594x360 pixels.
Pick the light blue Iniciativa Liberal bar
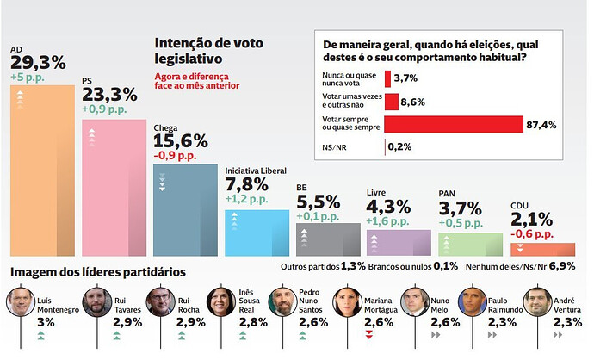[x=257, y=233]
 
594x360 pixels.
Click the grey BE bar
[x=328, y=239]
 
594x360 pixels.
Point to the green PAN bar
[x=470, y=245]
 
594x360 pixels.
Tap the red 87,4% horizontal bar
[x=454, y=124]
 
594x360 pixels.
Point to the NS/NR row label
[x=334, y=146]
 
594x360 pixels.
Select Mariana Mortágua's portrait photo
[x=346, y=302]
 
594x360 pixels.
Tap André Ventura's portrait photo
[x=536, y=302]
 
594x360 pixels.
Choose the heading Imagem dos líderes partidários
[x=97, y=272]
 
